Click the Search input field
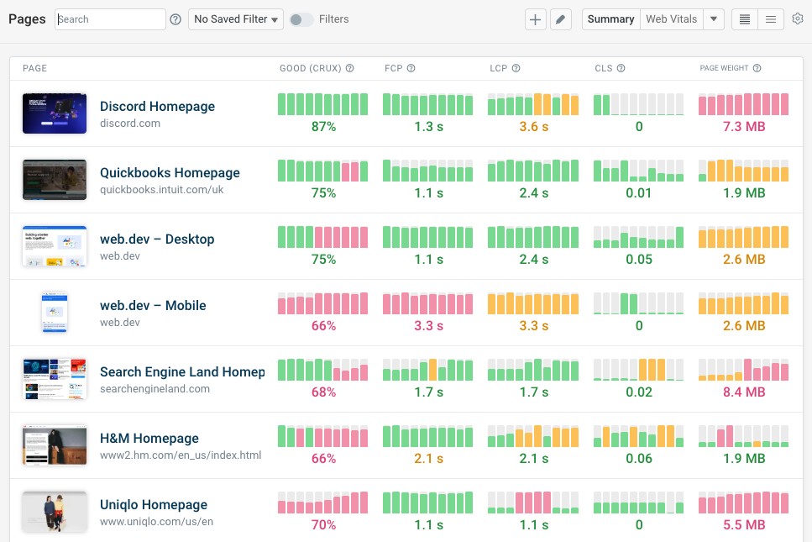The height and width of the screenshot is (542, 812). [x=110, y=19]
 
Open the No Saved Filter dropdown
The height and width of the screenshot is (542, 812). [x=236, y=19]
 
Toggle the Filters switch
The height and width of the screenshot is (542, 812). [x=301, y=19]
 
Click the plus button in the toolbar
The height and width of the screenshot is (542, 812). [x=535, y=19]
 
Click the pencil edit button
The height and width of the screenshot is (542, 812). [x=561, y=19]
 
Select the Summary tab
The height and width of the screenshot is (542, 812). [x=610, y=19]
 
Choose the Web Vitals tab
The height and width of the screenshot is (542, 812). [x=671, y=19]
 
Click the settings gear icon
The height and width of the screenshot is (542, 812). [x=798, y=18]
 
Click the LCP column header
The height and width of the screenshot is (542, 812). [x=499, y=68]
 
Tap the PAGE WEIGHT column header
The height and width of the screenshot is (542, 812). [x=726, y=68]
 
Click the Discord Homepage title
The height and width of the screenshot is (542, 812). [x=157, y=107]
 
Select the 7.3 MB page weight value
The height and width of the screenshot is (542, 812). [x=743, y=127]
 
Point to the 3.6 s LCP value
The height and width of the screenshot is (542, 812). [x=533, y=127]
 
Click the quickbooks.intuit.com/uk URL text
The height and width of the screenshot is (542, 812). [x=161, y=190]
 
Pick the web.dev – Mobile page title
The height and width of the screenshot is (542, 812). [x=153, y=306]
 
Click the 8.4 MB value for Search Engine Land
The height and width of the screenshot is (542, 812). [x=743, y=392]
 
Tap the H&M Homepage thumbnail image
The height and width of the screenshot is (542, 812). [x=55, y=445]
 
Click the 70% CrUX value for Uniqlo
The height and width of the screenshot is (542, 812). [x=323, y=525]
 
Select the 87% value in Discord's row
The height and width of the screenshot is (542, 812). [x=323, y=127]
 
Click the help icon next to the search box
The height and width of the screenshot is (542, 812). [x=175, y=19]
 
